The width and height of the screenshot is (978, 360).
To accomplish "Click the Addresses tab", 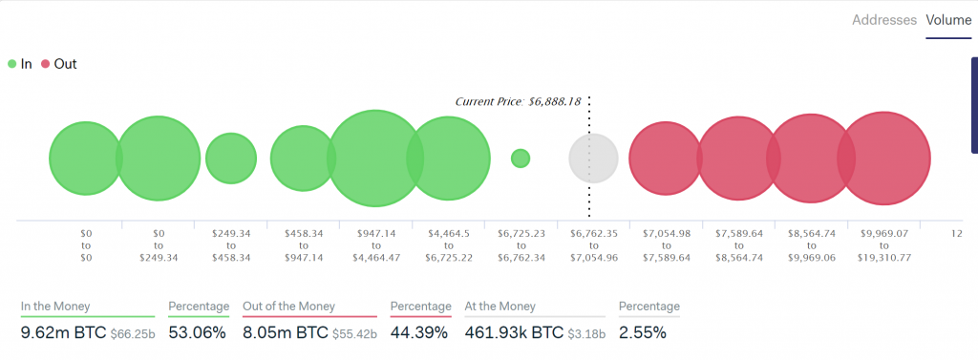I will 884,20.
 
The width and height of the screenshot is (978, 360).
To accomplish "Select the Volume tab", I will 948,20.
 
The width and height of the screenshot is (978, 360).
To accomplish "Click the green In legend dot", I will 11,64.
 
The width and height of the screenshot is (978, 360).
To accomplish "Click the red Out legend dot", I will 45,64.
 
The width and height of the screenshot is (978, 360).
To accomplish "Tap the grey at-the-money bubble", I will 593,159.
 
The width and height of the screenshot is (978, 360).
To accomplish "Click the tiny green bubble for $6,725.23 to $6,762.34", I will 521,159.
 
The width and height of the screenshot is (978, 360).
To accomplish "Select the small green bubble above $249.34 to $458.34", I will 231,159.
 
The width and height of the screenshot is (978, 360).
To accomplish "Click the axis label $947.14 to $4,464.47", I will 376,244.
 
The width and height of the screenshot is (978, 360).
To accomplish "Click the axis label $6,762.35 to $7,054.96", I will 594,244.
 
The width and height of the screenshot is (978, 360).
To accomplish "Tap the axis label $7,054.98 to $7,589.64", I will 666,244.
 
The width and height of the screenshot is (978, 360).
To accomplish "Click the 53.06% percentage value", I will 197,333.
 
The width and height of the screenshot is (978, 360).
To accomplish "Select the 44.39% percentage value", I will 419,333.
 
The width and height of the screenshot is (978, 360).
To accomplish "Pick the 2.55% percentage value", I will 642,333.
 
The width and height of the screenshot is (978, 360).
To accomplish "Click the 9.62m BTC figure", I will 62,333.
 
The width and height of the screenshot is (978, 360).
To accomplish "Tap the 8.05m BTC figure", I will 284,333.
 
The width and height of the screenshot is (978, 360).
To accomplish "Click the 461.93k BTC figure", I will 514,333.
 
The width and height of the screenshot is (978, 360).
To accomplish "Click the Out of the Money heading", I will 287,307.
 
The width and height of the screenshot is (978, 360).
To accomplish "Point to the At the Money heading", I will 500,307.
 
